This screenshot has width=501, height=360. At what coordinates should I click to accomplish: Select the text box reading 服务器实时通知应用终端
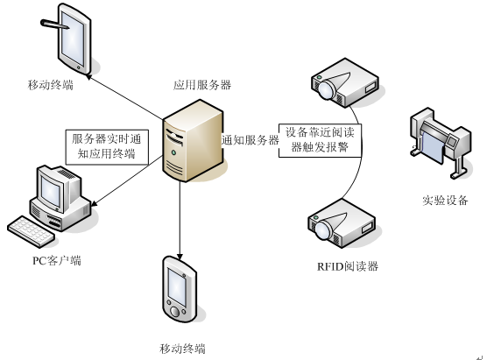coord(105,145)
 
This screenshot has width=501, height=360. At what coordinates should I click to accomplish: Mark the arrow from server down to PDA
coord(180,219)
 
